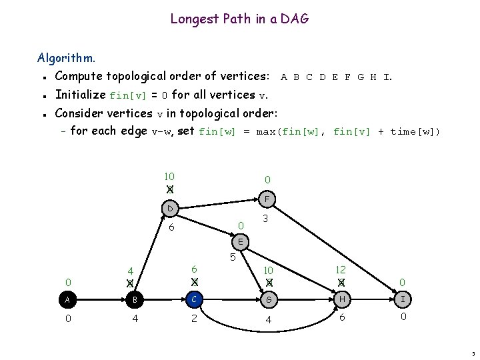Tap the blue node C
click(x=193, y=300)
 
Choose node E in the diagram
click(x=241, y=241)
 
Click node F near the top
click(x=266, y=199)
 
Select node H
click(x=341, y=300)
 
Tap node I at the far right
click(x=403, y=300)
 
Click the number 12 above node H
click(x=341, y=269)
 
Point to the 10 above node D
click(x=169, y=177)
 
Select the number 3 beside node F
click(x=265, y=219)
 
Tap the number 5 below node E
click(x=233, y=257)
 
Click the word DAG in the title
click(x=295, y=19)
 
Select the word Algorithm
click(x=66, y=58)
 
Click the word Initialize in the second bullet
click(x=81, y=95)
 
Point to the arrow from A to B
click(x=100, y=300)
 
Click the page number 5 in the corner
click(x=472, y=353)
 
